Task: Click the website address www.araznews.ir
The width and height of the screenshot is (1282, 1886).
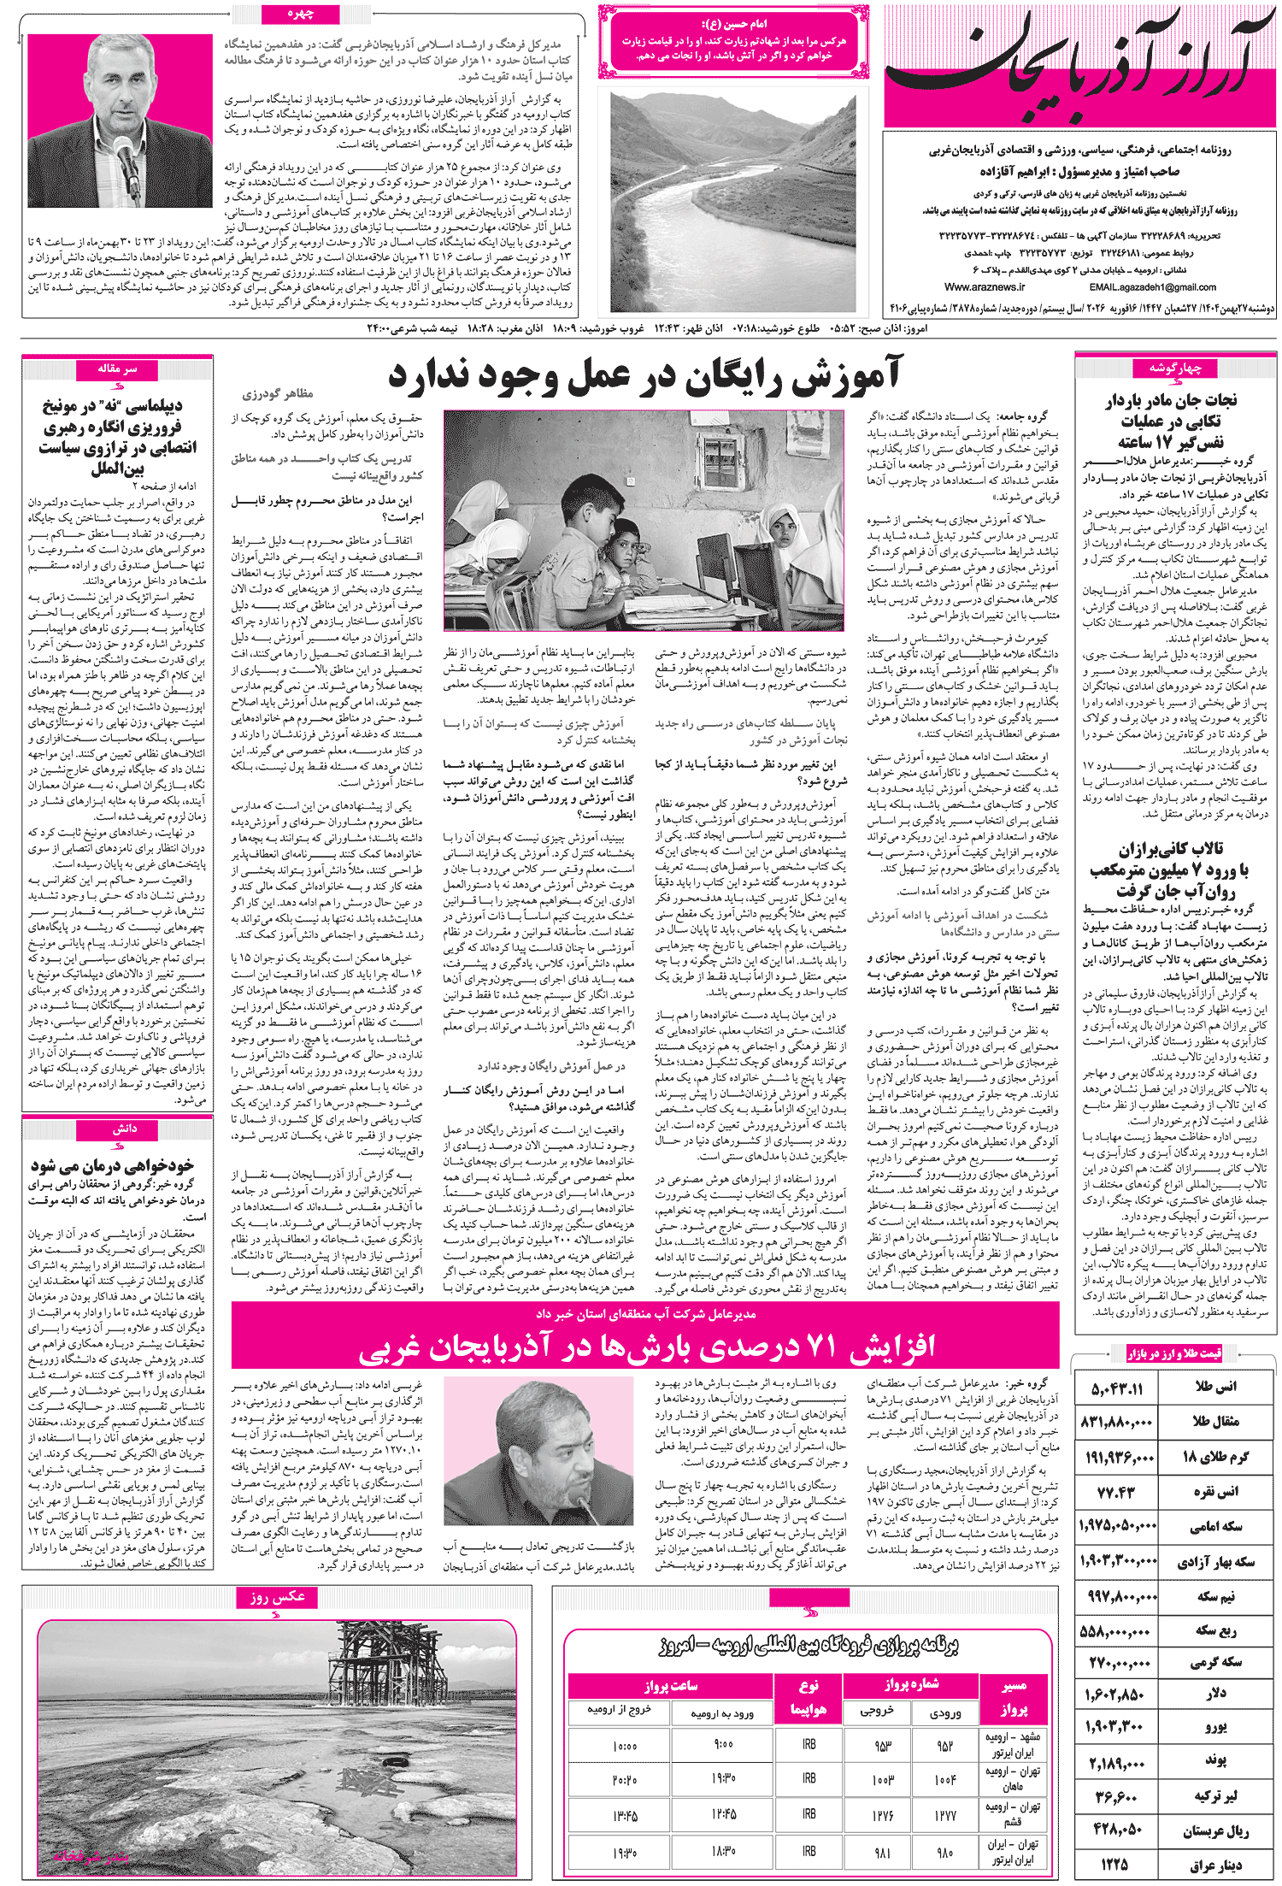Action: coord(985,287)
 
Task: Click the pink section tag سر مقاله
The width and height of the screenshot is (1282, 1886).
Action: coord(117,368)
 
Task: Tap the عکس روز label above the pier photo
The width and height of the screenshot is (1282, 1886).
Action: coord(277,1597)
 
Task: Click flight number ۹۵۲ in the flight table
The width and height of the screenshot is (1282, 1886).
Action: coord(944,1745)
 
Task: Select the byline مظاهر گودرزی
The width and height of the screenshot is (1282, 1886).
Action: coord(278,394)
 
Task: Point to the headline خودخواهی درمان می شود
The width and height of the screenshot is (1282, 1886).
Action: coord(113,1165)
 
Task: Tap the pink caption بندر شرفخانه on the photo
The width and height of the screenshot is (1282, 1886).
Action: coord(90,1857)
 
